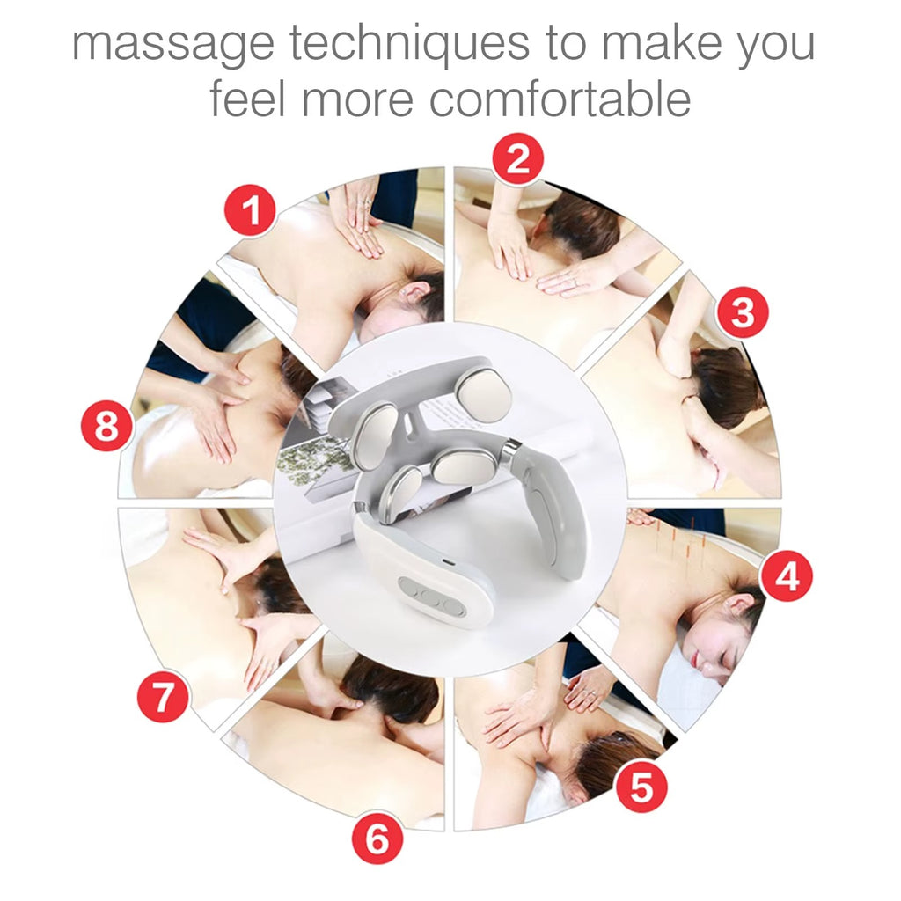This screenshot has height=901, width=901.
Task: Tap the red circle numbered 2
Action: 517,159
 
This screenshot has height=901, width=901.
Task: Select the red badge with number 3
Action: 742,312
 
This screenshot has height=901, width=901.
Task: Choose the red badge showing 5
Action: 641,787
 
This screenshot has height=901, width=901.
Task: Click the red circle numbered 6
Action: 377,838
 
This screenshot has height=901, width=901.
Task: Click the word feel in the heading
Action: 248,98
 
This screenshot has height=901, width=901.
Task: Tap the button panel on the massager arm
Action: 431,595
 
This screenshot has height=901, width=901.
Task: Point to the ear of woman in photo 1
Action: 413,293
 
